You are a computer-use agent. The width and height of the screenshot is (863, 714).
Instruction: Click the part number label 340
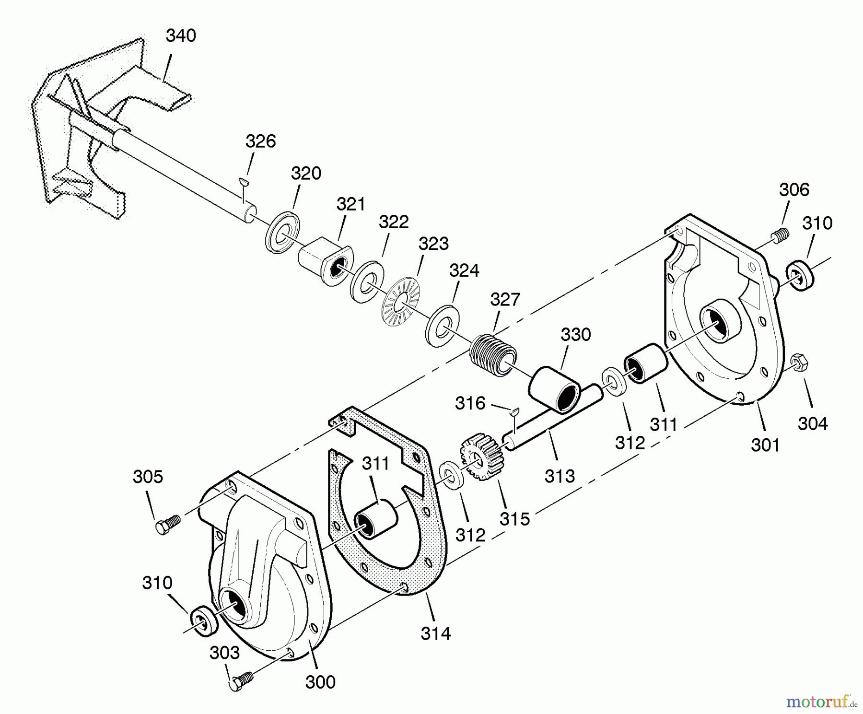(181, 36)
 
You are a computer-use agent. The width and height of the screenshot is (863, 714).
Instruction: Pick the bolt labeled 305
(167, 524)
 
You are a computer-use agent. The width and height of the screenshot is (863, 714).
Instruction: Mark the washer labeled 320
(282, 230)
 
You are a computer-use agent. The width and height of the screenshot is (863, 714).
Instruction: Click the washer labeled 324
(442, 326)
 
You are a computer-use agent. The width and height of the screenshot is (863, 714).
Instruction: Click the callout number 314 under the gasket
(435, 633)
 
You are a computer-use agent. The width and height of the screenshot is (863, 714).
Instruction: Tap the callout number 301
(765, 445)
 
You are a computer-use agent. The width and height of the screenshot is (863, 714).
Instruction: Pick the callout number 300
(320, 681)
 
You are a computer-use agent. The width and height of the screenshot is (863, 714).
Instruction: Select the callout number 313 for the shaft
(560, 476)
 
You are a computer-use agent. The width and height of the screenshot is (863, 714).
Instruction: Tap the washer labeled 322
(367, 282)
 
